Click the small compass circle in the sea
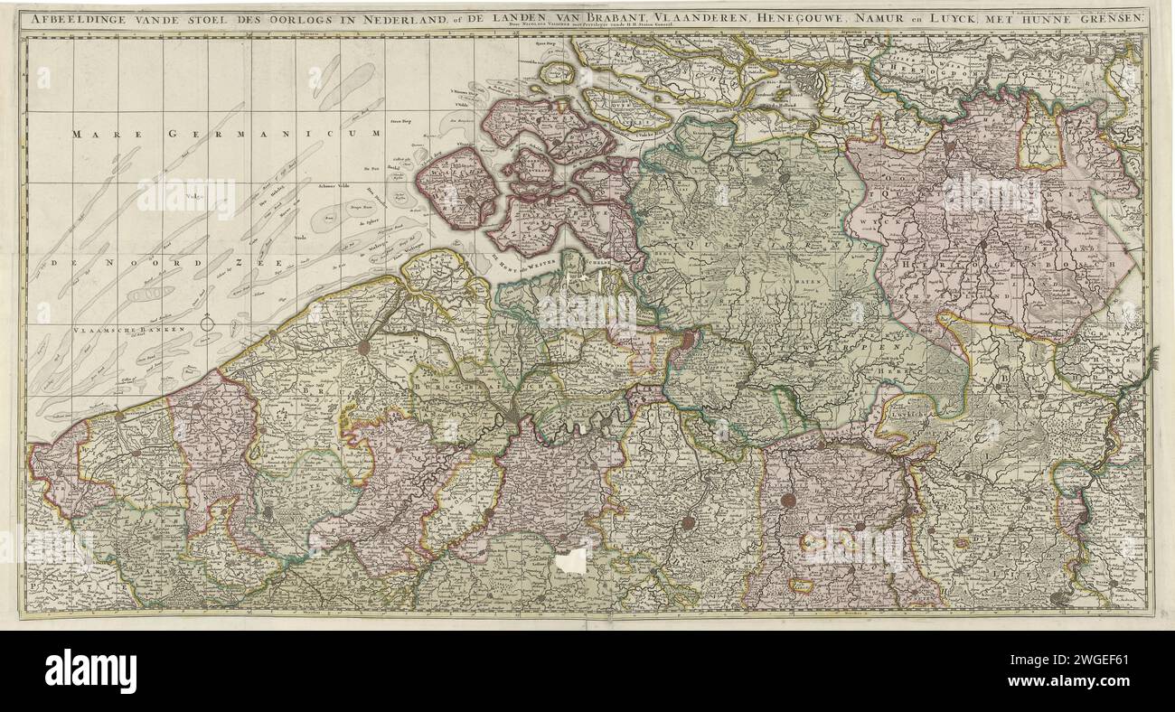coord(207,322)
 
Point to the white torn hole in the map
coord(569,561)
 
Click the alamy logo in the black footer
coord(90,671)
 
